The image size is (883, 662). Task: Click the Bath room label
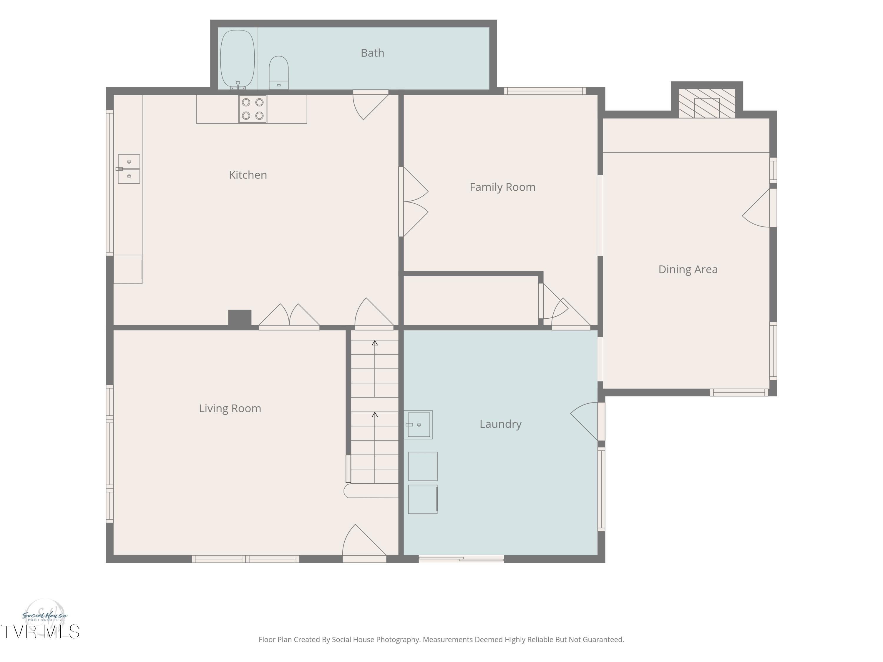[x=372, y=53]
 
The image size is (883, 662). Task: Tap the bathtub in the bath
[x=238, y=59]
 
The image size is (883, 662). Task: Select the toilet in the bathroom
[x=279, y=73]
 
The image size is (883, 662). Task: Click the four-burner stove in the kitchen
[x=253, y=109]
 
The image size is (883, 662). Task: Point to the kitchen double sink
[x=129, y=169]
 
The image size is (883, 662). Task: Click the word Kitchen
[x=248, y=175]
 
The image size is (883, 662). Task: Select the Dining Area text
[x=688, y=269]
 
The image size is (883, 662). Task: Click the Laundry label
[x=501, y=424]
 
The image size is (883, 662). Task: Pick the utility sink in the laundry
[x=418, y=425]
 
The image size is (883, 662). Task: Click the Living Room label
[x=230, y=409]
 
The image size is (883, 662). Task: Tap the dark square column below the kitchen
[x=240, y=318]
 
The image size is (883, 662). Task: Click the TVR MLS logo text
[x=40, y=632]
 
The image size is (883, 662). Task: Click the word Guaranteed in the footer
[x=603, y=640]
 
